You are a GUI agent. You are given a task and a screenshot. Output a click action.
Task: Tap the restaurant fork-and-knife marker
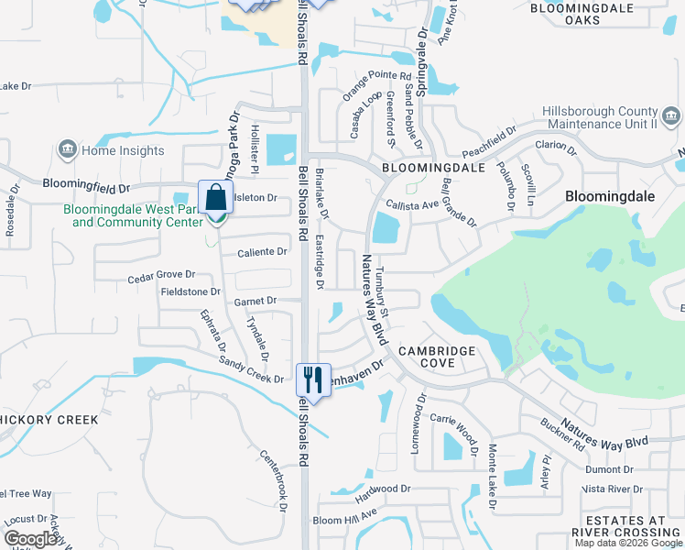coord(313,379)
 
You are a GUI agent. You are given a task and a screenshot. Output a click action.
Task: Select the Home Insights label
coord(123,151)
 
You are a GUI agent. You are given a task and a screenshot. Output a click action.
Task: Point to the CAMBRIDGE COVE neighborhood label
coord(436,357)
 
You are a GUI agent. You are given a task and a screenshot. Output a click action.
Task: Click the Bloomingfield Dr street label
coord(86,187)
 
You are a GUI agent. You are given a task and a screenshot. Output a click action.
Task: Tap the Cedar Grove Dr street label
coord(161,274)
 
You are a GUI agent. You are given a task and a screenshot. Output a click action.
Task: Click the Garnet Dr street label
coord(256,301)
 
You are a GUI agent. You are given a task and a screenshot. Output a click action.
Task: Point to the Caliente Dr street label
coord(262,252)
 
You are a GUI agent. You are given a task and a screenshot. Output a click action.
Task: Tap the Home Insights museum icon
coord(67,149)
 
